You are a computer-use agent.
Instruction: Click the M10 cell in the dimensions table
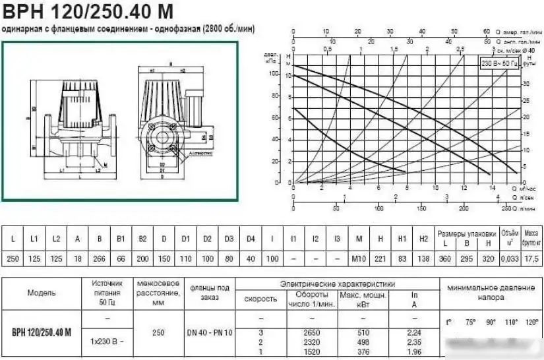359,259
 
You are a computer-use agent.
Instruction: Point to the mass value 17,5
531,259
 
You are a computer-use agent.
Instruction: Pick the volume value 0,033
510,259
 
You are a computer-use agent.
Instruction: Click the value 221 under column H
380,259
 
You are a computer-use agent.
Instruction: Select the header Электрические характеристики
337,284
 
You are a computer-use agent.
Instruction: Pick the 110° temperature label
512,322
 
